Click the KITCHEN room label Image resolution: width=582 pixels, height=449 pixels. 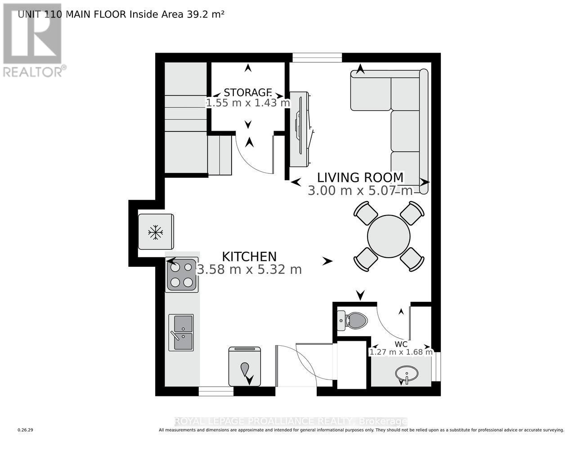point(249,256)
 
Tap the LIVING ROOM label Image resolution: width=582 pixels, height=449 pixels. point(360,177)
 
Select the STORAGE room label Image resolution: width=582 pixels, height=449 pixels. point(248,92)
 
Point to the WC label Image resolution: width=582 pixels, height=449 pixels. point(401,344)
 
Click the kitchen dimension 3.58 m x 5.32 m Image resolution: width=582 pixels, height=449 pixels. point(249,269)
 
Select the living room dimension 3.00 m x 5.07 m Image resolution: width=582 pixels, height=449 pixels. point(360,191)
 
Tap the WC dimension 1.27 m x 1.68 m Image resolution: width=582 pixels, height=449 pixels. point(401,352)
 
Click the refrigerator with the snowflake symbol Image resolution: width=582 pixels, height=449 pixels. point(156,232)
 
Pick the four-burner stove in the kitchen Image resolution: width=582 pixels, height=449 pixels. point(182,274)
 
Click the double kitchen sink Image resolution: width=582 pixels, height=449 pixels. point(181,333)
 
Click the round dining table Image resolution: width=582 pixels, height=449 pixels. point(389,236)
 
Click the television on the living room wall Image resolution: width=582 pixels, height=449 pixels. point(300,128)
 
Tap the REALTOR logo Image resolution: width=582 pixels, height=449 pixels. point(32,40)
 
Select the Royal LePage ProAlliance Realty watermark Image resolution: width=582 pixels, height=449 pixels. point(291,421)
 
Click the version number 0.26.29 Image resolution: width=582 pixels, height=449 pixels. point(26,430)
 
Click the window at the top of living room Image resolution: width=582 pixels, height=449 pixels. point(317,57)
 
